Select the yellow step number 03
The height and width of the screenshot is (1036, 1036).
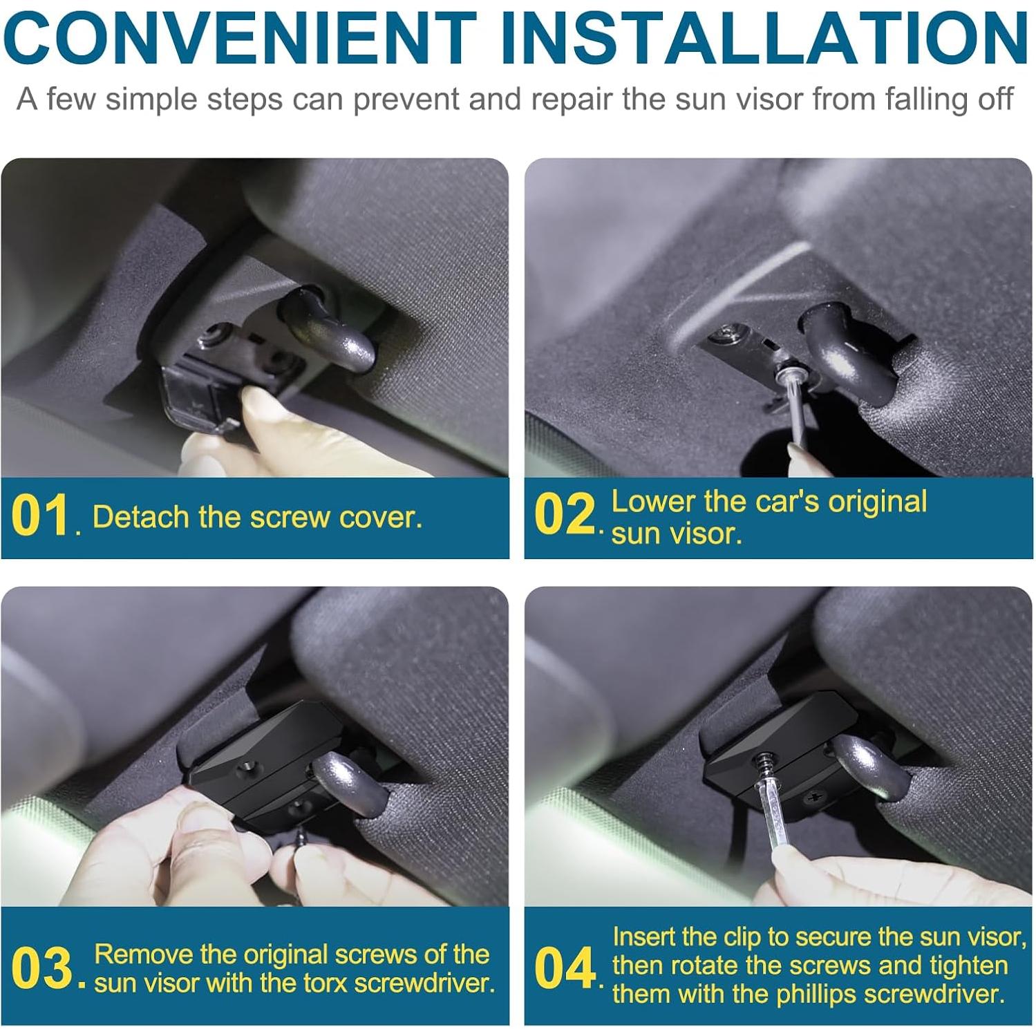coord(42,968)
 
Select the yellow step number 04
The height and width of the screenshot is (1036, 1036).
coord(565,968)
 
